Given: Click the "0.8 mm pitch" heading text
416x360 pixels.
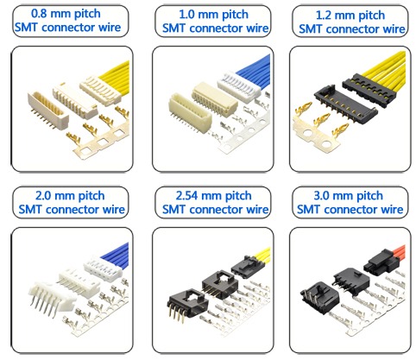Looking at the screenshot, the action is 66,14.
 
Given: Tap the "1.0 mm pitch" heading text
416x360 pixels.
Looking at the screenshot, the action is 213,15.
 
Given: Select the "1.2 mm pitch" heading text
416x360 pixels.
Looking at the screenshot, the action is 350,16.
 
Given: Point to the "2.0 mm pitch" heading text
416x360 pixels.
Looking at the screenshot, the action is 70,196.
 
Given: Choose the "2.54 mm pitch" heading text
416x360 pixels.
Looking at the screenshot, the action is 213,196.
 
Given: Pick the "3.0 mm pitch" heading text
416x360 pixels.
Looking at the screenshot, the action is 348,196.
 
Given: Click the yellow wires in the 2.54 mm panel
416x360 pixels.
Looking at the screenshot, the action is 262,256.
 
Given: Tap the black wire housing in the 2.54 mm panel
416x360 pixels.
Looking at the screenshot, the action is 245,267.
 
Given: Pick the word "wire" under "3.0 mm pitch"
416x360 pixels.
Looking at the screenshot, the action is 392,210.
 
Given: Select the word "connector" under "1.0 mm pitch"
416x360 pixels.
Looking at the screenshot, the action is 214,28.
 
